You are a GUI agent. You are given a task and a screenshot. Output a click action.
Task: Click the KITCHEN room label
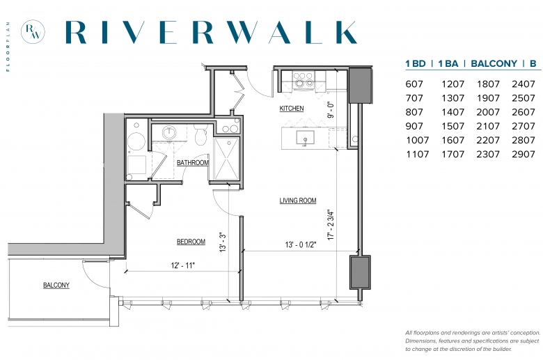pyautogui.click(x=292, y=109)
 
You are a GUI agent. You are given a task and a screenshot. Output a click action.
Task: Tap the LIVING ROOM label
pyautogui.click(x=298, y=201)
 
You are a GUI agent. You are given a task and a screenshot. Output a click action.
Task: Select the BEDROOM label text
pyautogui.click(x=191, y=242)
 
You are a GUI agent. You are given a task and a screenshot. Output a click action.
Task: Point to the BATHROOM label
pyautogui.click(x=193, y=162)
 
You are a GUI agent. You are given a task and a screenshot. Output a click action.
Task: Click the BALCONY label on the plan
pyautogui.click(x=56, y=285)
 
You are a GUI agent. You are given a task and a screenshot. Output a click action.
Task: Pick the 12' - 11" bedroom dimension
pyautogui.click(x=183, y=265)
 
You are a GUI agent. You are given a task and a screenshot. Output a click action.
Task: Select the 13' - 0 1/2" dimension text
pyautogui.click(x=301, y=244)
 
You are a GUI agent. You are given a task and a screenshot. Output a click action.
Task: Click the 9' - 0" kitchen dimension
pyautogui.click(x=331, y=110)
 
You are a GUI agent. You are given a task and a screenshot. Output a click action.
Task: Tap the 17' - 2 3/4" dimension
pyautogui.click(x=331, y=225)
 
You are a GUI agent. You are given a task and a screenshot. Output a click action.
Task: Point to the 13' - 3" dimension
pyautogui.click(x=223, y=242)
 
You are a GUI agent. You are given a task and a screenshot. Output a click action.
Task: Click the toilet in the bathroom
pyautogui.click(x=200, y=134)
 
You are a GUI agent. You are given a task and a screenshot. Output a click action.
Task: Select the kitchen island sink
pyautogui.click(x=305, y=138)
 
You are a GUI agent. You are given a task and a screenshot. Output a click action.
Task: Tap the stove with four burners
pyautogui.click(x=304, y=79)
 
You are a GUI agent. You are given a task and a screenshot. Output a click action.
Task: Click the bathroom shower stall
pyautogui.click(x=226, y=159)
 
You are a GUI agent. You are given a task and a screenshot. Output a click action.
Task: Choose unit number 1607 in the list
pyautogui.click(x=452, y=140)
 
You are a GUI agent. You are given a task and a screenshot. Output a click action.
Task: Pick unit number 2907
pyautogui.click(x=524, y=154)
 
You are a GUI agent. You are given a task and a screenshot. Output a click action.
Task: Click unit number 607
pyautogui.click(x=414, y=84)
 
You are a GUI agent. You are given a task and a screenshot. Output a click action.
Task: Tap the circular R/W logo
pyautogui.click(x=33, y=31)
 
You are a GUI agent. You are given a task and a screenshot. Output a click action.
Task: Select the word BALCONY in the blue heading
pyautogui.click(x=494, y=63)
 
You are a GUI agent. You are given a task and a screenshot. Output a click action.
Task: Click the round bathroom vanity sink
pyautogui.click(x=169, y=132)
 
